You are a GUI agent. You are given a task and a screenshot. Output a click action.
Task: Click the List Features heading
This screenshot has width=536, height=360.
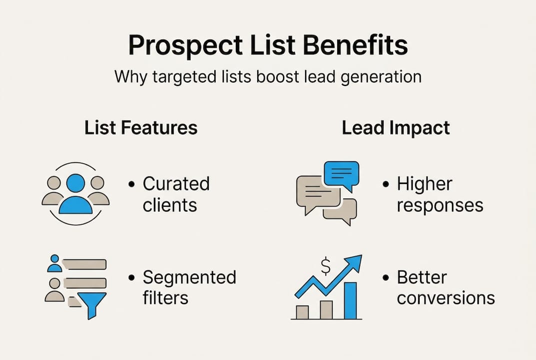(x=141, y=127)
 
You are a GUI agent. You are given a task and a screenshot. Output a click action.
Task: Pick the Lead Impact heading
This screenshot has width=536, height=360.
(x=396, y=127)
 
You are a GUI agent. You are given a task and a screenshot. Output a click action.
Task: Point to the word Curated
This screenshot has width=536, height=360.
(x=176, y=183)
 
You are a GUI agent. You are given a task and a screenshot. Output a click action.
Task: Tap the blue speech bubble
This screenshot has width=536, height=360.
(x=341, y=174)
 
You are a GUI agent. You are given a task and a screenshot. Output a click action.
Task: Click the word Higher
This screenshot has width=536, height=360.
(x=424, y=183)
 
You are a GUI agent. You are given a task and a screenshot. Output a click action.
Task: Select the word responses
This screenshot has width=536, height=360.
(x=440, y=205)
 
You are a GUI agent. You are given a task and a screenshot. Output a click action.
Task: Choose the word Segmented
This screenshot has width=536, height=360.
(x=189, y=277)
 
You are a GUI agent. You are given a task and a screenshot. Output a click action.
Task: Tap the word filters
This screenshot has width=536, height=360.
(x=165, y=298)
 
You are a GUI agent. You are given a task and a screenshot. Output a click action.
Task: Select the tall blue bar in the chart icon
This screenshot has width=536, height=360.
(x=351, y=300)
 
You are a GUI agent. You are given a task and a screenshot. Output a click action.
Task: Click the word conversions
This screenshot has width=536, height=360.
(x=446, y=298)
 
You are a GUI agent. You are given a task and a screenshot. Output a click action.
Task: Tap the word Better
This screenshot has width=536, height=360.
(x=422, y=277)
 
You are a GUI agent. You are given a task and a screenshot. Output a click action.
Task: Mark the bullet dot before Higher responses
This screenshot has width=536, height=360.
(x=386, y=184)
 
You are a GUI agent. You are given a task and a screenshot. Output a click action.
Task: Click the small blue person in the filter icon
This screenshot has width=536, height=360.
(x=54, y=263)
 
